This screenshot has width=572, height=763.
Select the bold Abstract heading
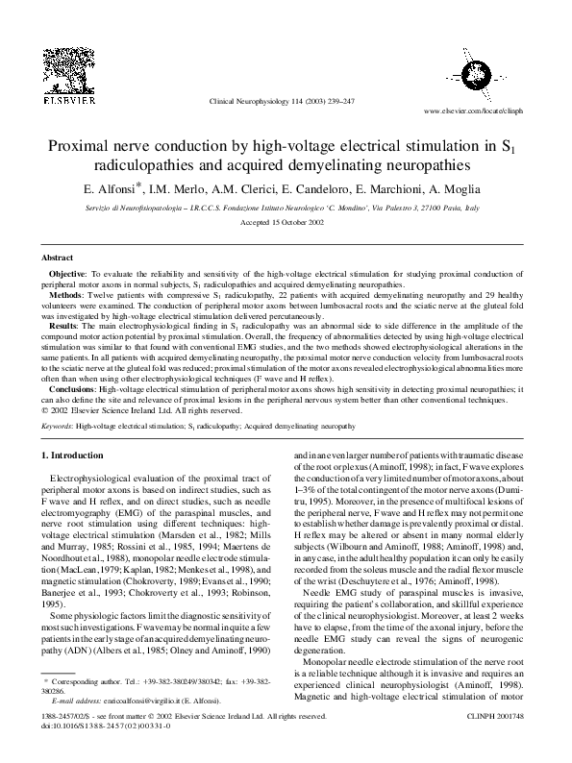58,258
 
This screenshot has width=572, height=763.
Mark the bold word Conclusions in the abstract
73,388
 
